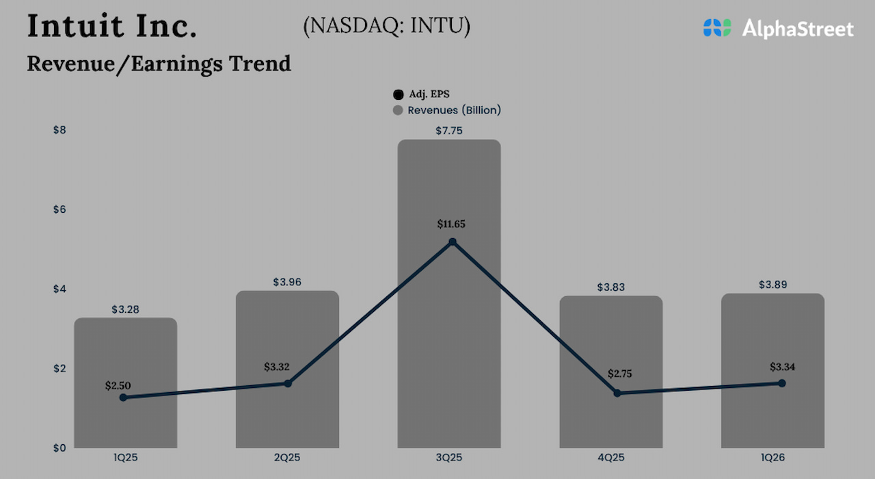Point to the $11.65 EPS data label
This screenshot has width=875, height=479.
point(451,224)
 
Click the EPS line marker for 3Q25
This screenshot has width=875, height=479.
point(452,242)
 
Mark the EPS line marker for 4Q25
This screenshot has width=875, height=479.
point(617,393)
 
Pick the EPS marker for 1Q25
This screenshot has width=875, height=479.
point(123,398)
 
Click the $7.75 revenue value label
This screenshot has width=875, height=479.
point(449,130)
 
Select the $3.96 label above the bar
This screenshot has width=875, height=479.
point(287,282)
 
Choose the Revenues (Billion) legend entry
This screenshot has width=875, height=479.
point(447,110)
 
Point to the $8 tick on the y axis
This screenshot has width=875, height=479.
point(59,129)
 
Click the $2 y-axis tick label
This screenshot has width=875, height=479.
point(59,368)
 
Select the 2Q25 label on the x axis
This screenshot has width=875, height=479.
point(287,457)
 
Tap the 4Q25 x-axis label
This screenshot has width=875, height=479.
point(611,457)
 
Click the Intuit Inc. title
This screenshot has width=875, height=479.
point(112,26)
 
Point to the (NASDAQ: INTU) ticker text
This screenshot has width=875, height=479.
point(386,26)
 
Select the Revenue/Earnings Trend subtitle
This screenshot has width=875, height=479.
point(159,63)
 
